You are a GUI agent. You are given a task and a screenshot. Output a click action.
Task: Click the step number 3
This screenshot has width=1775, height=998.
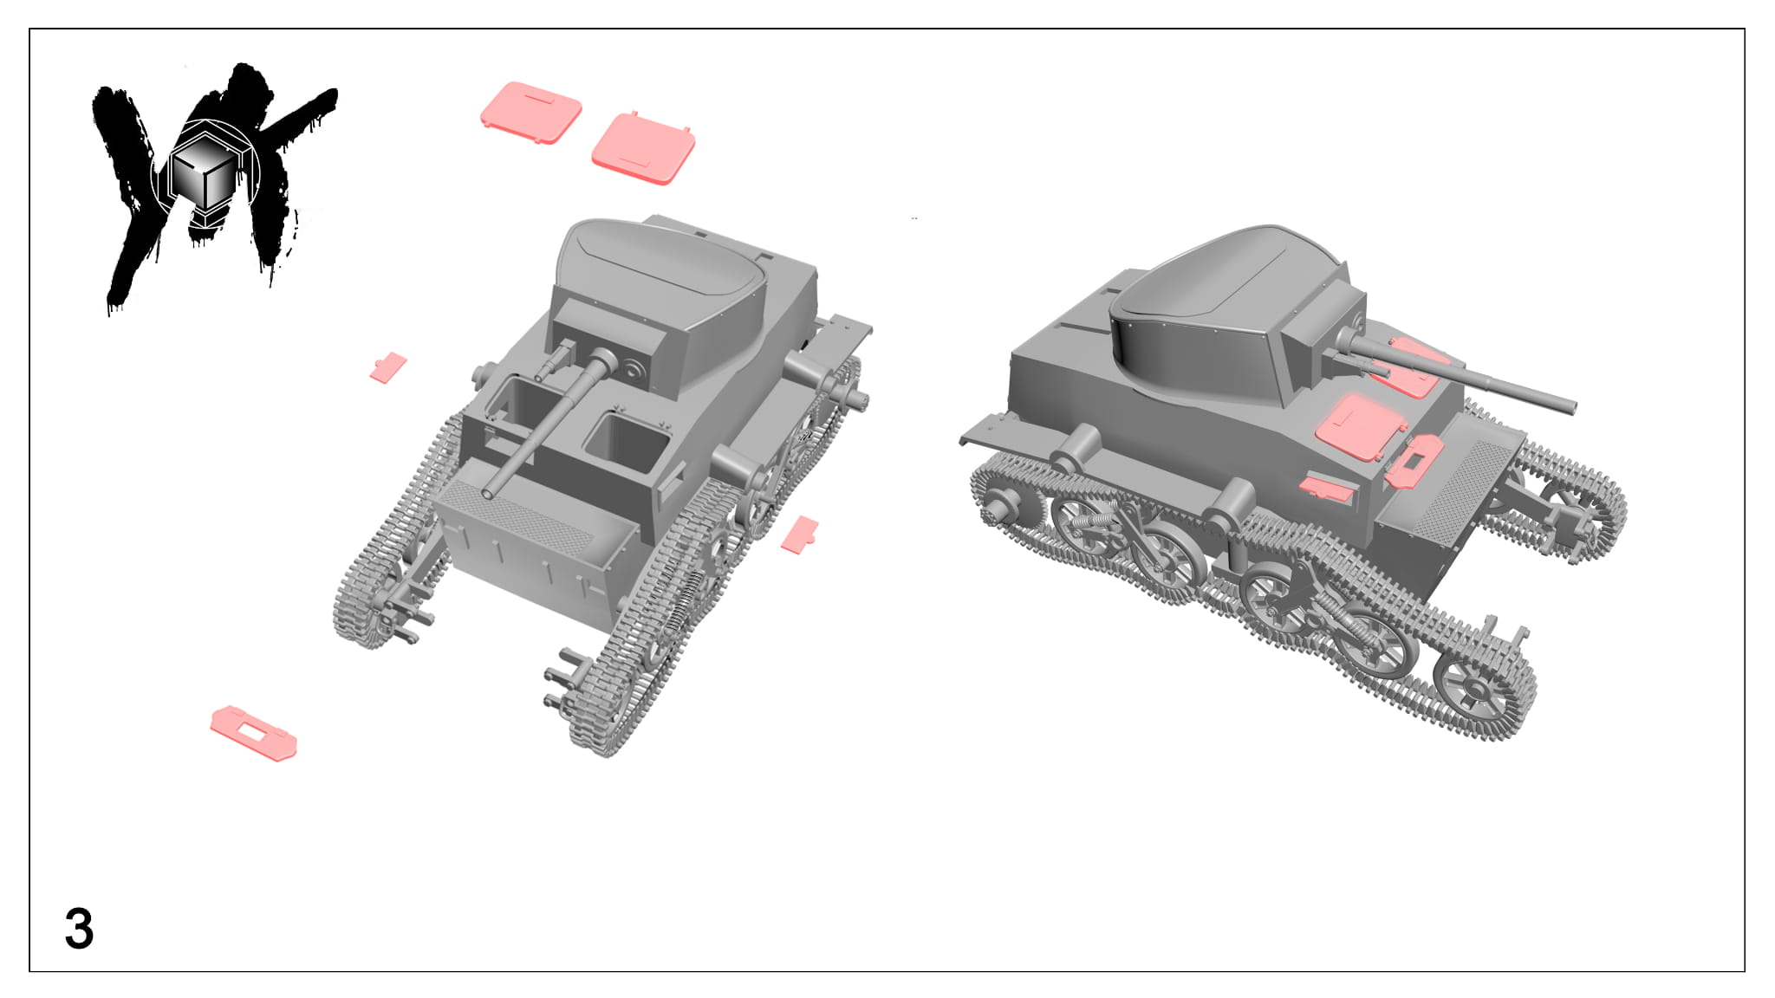79,930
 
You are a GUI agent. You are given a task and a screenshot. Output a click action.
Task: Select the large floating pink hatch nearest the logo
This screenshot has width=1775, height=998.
531,113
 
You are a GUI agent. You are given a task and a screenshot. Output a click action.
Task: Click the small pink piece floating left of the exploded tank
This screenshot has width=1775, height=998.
387,366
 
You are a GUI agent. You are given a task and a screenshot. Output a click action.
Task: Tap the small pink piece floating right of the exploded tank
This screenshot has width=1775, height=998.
800,534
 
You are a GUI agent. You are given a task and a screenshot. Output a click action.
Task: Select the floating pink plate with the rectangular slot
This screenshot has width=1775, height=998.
253,733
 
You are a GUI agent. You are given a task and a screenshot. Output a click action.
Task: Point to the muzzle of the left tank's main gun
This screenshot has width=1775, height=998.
490,495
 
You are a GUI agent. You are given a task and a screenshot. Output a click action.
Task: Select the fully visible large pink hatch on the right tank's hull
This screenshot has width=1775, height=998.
1359,426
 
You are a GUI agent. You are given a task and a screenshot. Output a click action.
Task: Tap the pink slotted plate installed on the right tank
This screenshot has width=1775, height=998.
1414,459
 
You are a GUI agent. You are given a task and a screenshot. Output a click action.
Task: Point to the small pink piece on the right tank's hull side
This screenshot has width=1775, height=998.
1327,488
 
